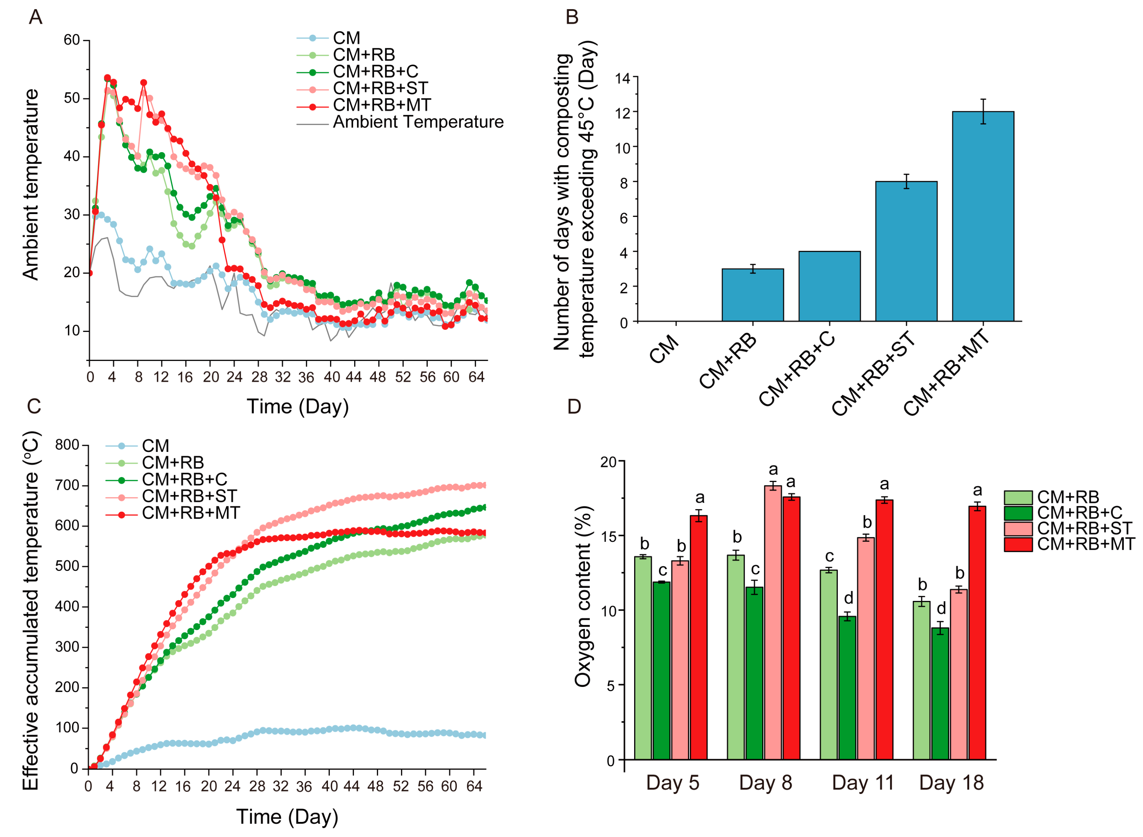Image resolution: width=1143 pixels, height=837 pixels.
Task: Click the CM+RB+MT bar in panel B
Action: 982,217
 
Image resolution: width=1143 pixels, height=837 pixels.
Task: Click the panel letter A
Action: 35,17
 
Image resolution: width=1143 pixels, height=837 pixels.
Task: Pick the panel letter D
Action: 573,406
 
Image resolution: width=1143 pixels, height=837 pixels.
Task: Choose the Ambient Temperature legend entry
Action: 418,122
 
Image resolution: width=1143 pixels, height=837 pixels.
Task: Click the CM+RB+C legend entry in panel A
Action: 375,71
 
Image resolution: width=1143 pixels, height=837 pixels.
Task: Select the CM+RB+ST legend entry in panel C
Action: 189,496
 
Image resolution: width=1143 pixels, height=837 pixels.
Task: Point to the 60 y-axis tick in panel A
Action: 72,40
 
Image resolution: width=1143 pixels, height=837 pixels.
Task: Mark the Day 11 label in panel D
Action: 863,783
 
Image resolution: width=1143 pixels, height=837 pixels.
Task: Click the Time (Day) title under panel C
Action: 287,817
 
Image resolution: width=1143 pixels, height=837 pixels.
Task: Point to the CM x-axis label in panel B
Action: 664,349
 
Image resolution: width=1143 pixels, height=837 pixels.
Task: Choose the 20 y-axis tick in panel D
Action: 608,462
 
